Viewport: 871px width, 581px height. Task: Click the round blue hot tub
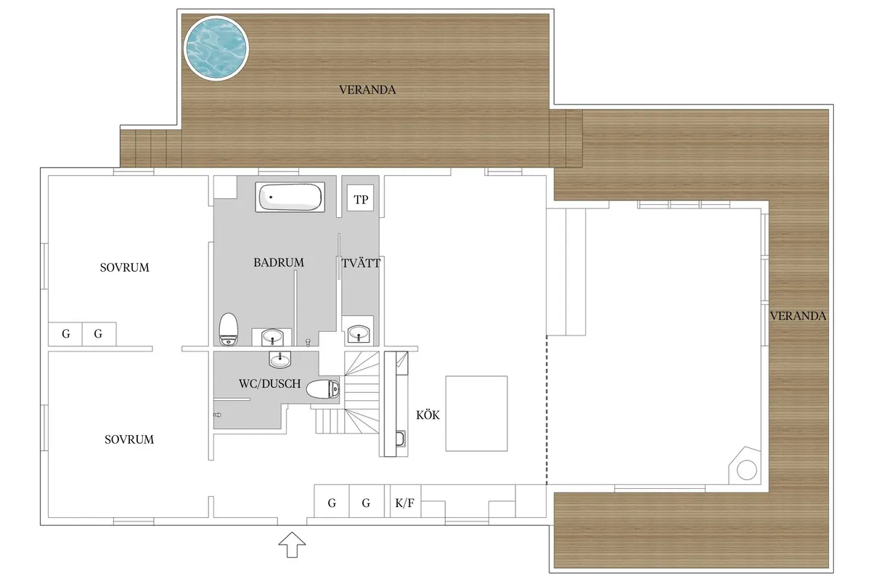[x=216, y=48]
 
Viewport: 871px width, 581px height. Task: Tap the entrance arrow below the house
[x=292, y=545]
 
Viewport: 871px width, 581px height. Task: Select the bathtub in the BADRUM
[x=290, y=198]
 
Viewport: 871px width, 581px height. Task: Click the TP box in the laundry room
[x=361, y=198]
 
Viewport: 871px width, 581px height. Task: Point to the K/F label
[x=405, y=503]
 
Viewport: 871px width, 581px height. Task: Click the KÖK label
[x=428, y=415]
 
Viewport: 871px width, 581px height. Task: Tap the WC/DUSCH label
[x=270, y=383]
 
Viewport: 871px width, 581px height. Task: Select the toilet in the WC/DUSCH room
[x=323, y=389]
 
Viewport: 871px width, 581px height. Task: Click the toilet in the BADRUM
[x=228, y=329]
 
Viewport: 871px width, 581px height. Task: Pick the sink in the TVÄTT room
[x=358, y=333]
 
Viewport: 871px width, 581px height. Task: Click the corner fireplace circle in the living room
[x=747, y=470]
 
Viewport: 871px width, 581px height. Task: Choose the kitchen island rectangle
[x=476, y=413]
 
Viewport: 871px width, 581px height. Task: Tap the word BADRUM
[x=279, y=263]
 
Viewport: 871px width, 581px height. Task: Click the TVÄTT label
[x=361, y=264]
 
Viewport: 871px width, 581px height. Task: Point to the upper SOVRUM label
[x=124, y=268]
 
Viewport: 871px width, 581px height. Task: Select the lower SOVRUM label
[x=129, y=439]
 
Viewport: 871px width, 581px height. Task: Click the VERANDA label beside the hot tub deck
[x=367, y=90]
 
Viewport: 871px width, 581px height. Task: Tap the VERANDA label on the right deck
[x=798, y=316]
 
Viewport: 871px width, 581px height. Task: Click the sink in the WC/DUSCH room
[x=279, y=359]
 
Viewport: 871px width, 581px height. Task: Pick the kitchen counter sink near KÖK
[x=400, y=439]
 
